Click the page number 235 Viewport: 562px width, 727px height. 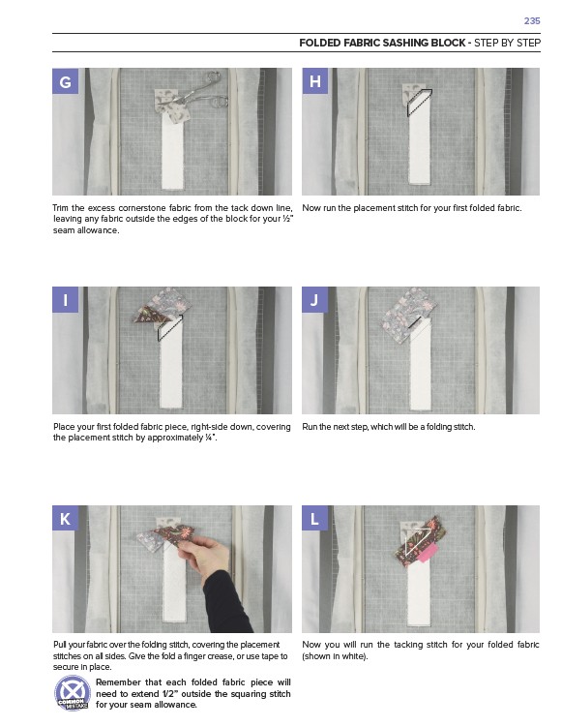532,21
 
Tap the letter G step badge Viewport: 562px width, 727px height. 66,81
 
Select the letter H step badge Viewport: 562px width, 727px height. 315,81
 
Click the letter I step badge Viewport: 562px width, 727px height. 66,299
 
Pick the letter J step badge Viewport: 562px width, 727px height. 315,299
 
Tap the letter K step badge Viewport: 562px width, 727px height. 66,518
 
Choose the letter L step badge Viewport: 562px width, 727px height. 315,518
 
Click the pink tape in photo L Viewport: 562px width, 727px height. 428,554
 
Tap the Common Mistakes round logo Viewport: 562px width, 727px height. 73,694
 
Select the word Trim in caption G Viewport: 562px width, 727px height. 60,208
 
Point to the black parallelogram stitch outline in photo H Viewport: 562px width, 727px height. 419,103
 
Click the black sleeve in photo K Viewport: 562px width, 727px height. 228,603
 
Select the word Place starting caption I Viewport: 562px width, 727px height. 63,427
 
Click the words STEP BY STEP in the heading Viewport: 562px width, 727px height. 507,44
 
